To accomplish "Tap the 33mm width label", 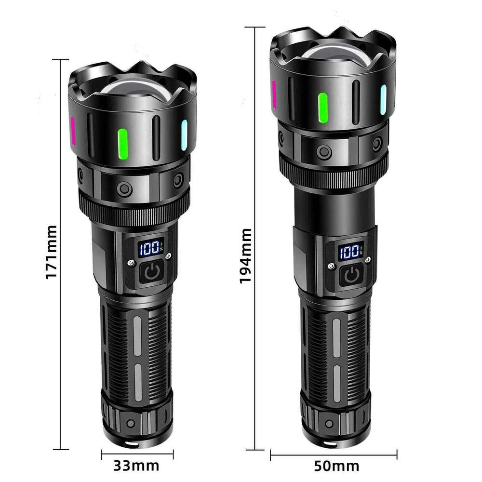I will [136, 466].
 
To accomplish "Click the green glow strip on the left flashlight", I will [122, 144].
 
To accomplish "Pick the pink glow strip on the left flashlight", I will [73, 131].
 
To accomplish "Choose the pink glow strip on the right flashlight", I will [274, 94].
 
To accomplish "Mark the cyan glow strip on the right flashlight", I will [383, 100].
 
